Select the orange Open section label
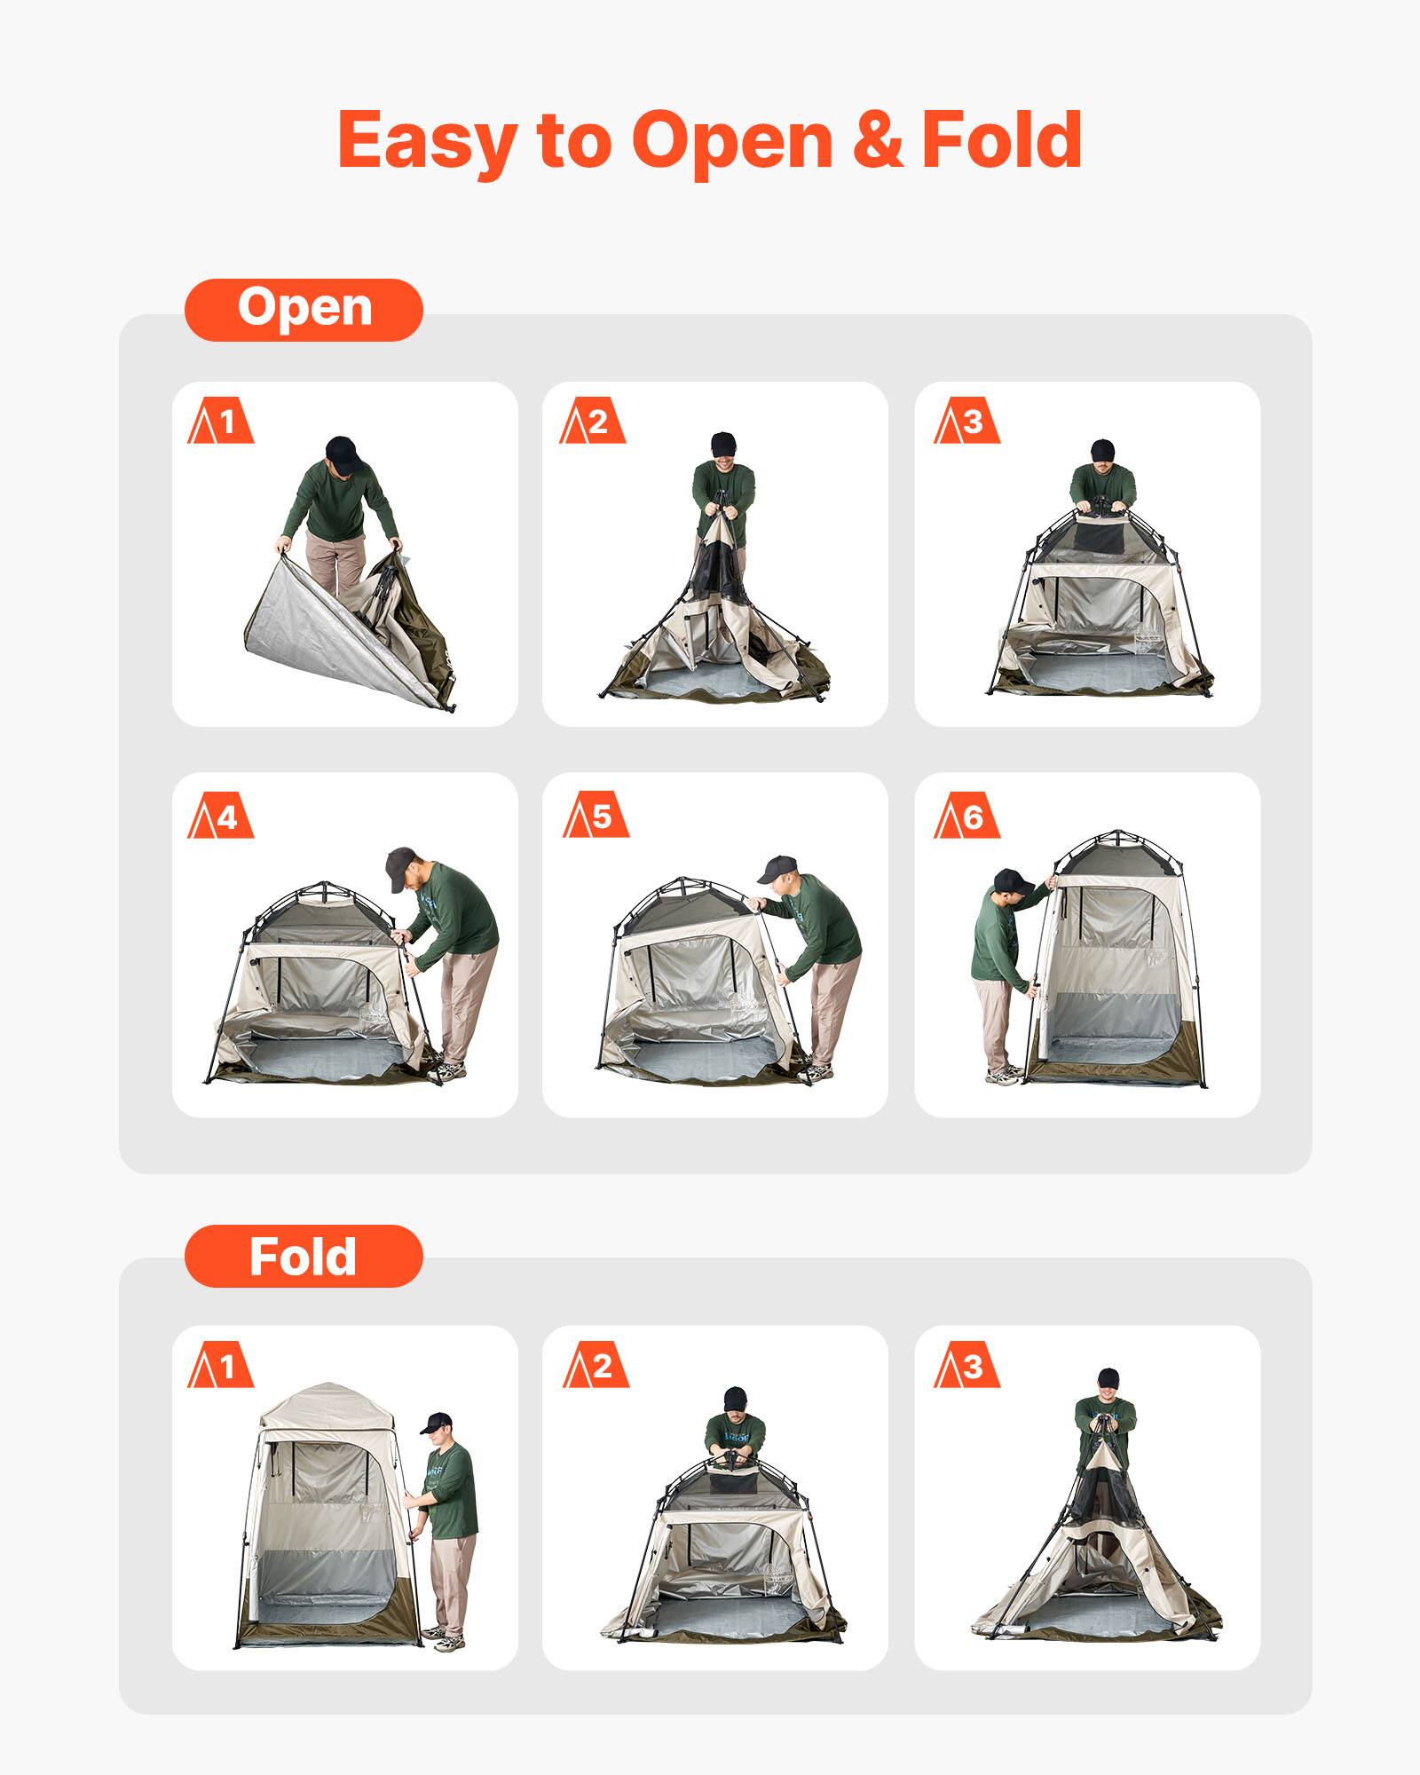pos(304,310)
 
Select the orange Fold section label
pos(304,1256)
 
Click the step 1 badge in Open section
pos(221,422)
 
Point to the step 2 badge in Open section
pos(592,422)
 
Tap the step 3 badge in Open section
pos(966,422)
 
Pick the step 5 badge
pos(595,816)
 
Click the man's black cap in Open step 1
pos(343,454)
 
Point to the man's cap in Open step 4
pos(401,865)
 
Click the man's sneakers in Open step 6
pos(1004,1076)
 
